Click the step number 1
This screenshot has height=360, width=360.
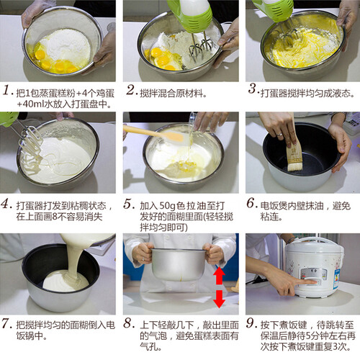click(x=6, y=90)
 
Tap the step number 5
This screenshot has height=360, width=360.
click(x=129, y=204)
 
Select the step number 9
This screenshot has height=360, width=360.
click(x=251, y=323)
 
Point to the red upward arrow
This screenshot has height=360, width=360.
click(x=219, y=275)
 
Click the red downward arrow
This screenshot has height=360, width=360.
click(x=219, y=299)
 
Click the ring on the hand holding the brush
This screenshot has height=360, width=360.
click(x=279, y=135)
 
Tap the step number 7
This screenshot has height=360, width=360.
click(x=6, y=323)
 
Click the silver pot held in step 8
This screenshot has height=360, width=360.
click(x=178, y=264)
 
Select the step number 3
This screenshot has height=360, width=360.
click(x=253, y=89)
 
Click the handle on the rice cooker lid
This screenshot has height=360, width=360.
click(x=316, y=240)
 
